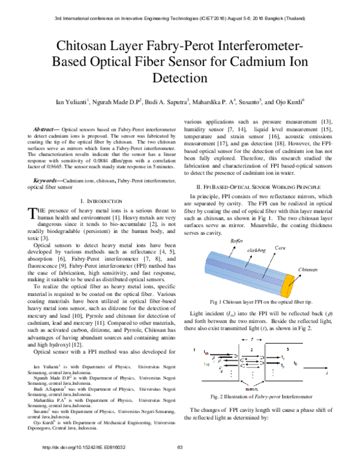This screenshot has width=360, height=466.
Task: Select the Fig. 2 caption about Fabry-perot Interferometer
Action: click(x=262, y=396)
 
